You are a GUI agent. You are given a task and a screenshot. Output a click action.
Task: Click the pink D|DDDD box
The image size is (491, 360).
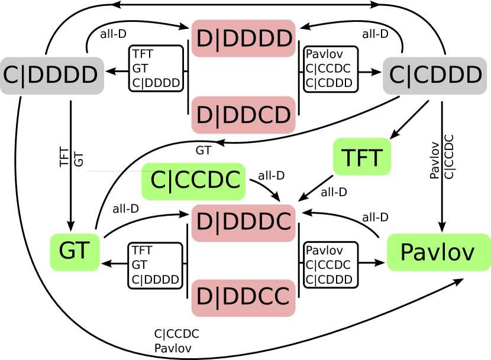243,39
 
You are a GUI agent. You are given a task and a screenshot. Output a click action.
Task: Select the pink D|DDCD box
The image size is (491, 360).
243,115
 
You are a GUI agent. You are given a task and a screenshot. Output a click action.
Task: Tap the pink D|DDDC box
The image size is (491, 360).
243,222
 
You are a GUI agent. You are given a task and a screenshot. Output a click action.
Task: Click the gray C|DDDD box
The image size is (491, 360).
52,76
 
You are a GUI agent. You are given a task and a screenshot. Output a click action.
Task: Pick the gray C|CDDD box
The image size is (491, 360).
435,76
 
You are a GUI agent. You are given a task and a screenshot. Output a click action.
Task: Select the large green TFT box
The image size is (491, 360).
362,157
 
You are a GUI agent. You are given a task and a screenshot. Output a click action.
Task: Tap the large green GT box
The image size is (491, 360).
75,252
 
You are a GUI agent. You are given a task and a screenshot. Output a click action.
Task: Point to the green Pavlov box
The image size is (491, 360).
438,252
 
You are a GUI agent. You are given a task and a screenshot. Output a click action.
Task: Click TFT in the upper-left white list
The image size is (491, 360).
143,54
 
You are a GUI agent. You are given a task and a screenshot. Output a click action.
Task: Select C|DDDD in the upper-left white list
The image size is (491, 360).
156,83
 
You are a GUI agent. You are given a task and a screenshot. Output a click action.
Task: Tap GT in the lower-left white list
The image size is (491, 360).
140,265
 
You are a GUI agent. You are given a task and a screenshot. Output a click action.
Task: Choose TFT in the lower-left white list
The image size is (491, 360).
143,251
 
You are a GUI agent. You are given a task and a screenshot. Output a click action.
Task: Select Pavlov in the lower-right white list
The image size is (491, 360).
324,251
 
